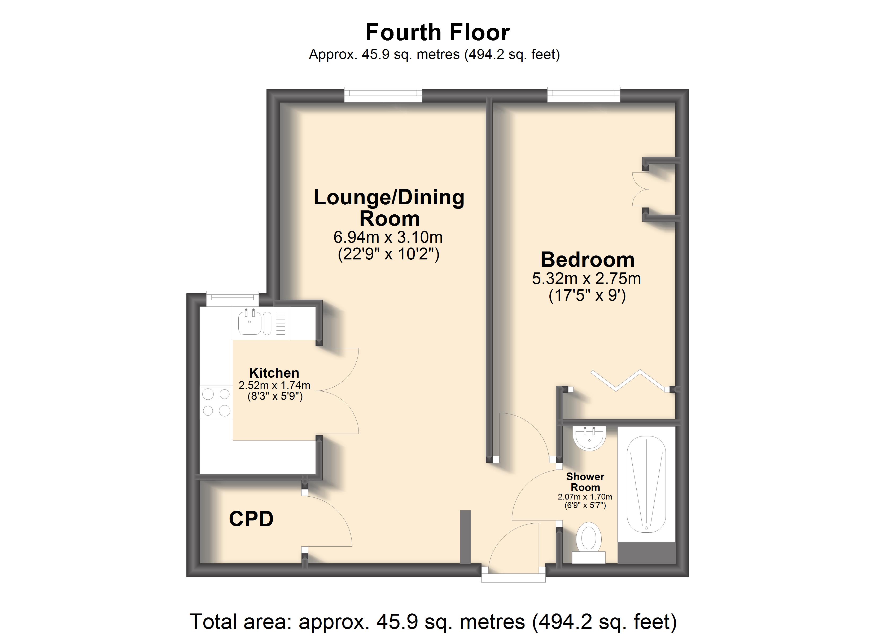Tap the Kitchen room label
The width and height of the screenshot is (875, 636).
click(x=274, y=373)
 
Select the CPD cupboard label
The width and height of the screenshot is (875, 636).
click(x=251, y=519)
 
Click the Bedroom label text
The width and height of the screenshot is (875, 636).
click(x=588, y=260)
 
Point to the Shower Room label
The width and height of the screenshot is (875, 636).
click(x=585, y=482)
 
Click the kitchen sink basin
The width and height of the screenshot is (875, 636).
click(x=249, y=323)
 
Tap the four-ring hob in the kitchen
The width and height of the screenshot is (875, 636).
click(x=216, y=402)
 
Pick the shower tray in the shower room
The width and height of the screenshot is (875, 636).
click(x=646, y=484)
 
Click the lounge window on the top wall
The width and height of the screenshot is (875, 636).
click(x=383, y=95)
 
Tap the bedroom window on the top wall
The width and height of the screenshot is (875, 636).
click(x=584, y=95)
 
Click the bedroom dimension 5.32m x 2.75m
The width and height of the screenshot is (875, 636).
click(x=587, y=279)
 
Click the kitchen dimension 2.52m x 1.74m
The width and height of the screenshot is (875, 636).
click(x=274, y=385)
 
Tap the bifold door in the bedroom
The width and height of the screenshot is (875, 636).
click(x=628, y=380)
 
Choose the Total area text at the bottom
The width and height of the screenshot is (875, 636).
click(x=433, y=621)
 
